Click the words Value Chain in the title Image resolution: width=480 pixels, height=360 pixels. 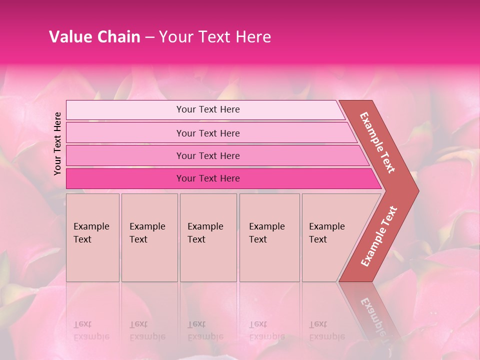pyautogui.click(x=94, y=37)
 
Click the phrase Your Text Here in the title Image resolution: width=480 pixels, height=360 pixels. pyautogui.click(x=215, y=37)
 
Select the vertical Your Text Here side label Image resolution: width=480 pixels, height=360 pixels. pyautogui.click(x=57, y=143)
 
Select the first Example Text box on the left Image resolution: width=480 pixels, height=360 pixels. pyautogui.click(x=92, y=237)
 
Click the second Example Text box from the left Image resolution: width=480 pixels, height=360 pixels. pyautogui.click(x=149, y=237)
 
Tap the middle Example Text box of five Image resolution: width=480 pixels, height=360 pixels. pyautogui.click(x=208, y=237)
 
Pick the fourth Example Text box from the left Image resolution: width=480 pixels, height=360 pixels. pyautogui.click(x=269, y=237)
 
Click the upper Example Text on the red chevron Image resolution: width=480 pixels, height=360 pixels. pyautogui.click(x=377, y=142)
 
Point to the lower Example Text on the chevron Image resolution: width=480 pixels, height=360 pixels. pyautogui.click(x=379, y=236)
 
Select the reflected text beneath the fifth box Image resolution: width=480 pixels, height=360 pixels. pyautogui.click(x=326, y=330)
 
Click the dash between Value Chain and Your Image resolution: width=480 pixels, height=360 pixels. pyautogui.click(x=149, y=37)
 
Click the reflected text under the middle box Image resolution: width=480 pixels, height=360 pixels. pyautogui.click(x=205, y=330)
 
